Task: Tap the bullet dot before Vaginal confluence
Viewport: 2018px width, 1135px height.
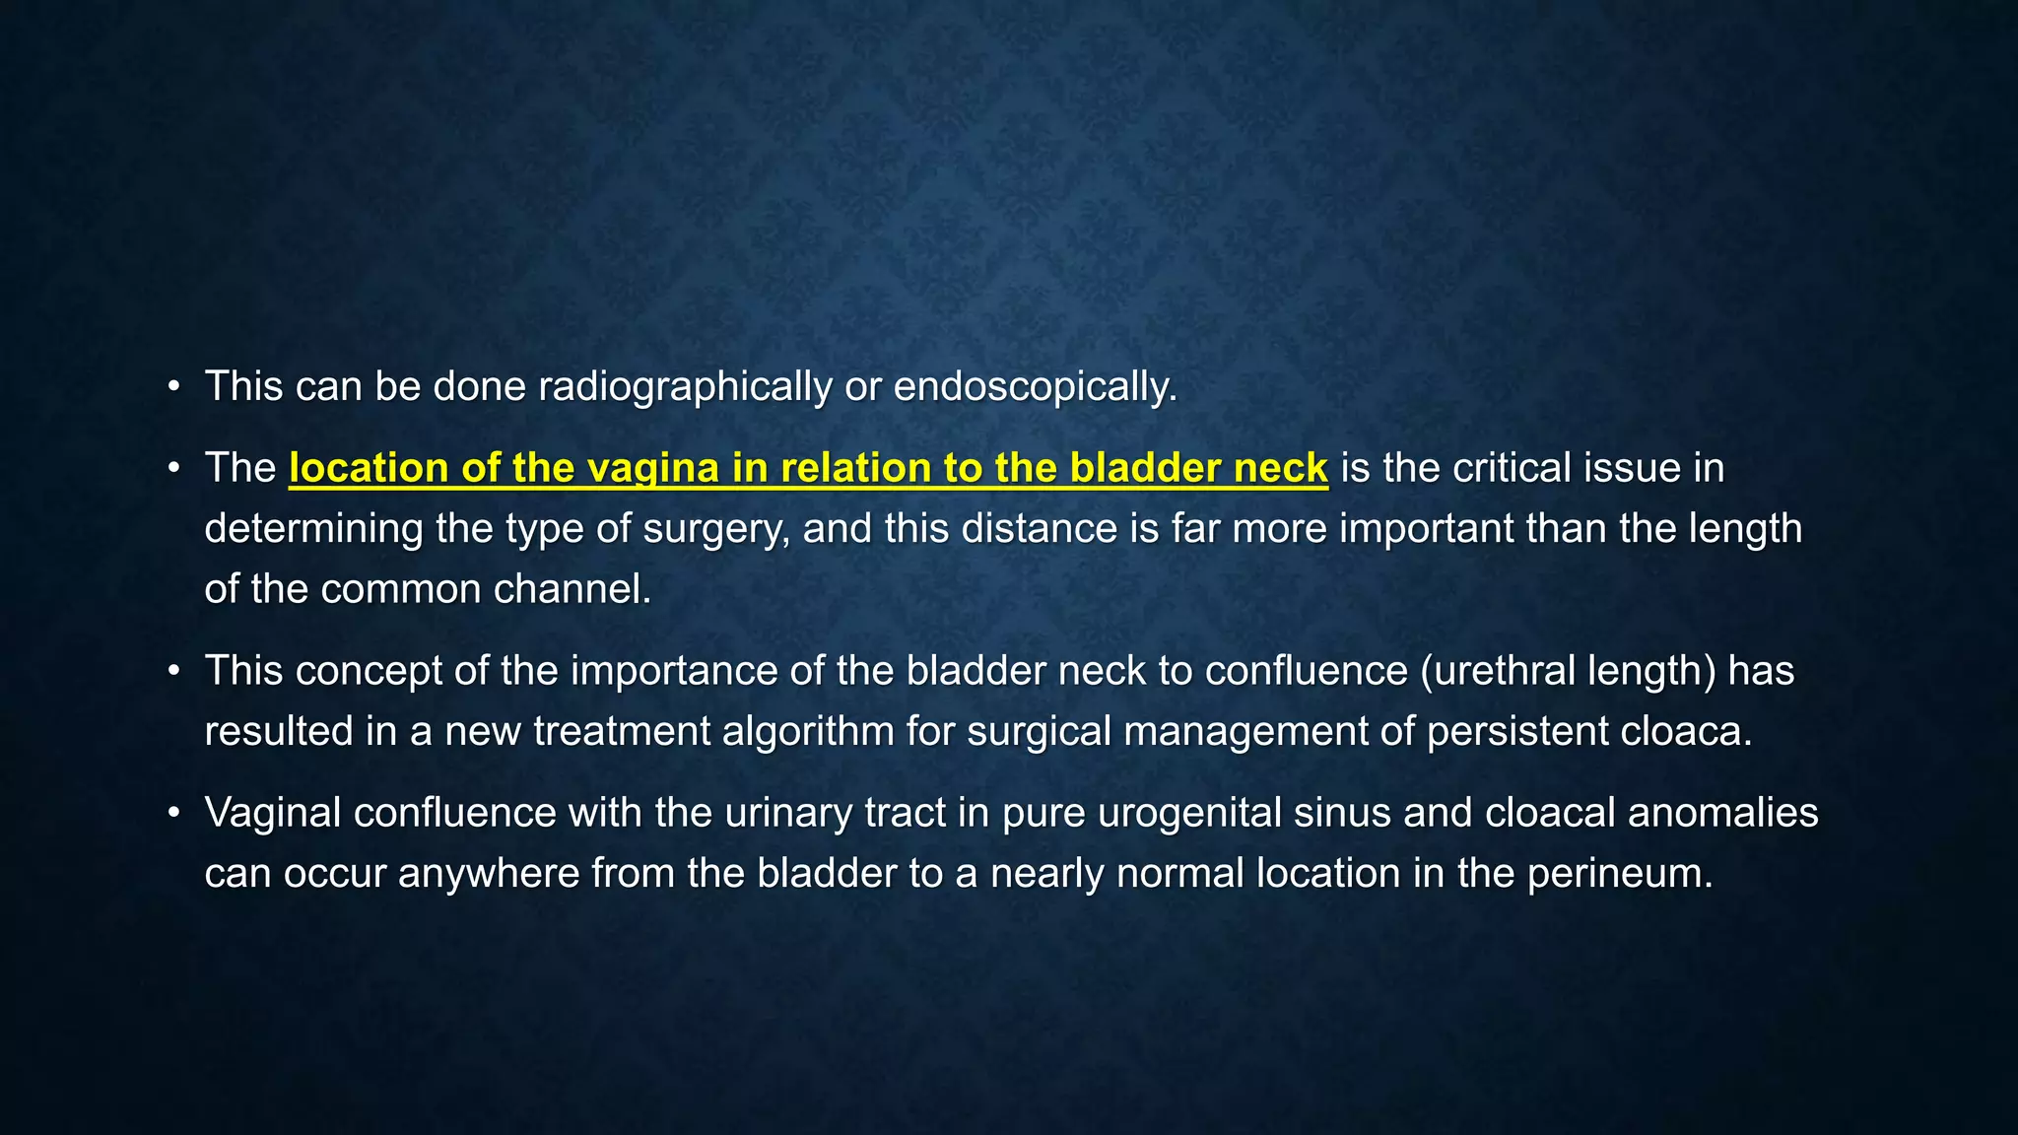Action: pos(174,814)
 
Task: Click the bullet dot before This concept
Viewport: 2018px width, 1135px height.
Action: pos(174,672)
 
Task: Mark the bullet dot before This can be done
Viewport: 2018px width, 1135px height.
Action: pos(174,387)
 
